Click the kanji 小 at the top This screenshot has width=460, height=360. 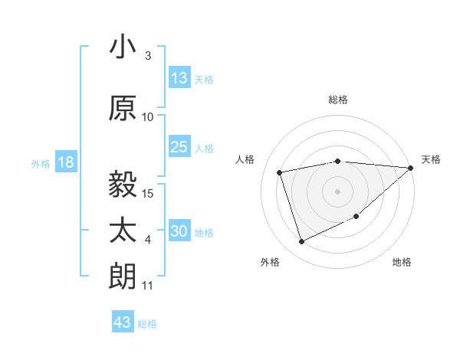pyautogui.click(x=123, y=47)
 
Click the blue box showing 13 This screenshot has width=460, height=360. pyautogui.click(x=179, y=78)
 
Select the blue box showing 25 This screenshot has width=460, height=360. pyautogui.click(x=179, y=147)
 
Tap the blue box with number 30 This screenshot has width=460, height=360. pyautogui.click(x=179, y=232)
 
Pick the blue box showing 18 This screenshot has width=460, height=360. pyautogui.click(x=65, y=162)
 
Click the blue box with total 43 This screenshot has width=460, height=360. pyautogui.click(x=123, y=322)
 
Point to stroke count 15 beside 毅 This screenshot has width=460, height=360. pyautogui.click(x=149, y=193)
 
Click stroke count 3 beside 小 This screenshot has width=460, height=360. pyautogui.click(x=148, y=56)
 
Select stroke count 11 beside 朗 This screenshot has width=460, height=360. pyautogui.click(x=148, y=286)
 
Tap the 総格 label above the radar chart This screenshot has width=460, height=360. pyautogui.click(x=338, y=100)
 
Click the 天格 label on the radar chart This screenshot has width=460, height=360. pyautogui.click(x=431, y=159)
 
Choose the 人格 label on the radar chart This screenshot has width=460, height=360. pyautogui.click(x=245, y=159)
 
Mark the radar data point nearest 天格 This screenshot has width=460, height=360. pyautogui.click(x=411, y=168)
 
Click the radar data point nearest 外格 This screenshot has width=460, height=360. pyautogui.click(x=301, y=242)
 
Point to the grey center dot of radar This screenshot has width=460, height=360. pyautogui.click(x=338, y=191)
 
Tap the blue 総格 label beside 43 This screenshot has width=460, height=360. pyautogui.click(x=147, y=324)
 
